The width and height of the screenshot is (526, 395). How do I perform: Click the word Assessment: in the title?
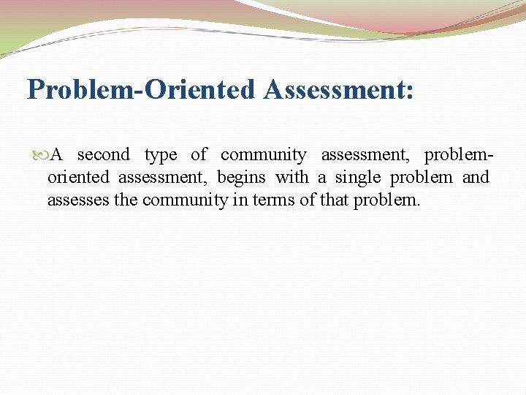click(339, 90)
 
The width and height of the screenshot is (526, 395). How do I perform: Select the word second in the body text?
click(103, 154)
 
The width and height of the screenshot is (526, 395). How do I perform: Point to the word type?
click(161, 155)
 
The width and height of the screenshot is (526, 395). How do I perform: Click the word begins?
click(241, 178)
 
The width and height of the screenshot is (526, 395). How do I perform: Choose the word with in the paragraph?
click(292, 177)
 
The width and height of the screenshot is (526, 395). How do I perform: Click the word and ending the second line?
click(476, 177)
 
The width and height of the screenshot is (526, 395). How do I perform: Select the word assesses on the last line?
click(78, 200)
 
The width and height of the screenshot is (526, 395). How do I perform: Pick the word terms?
click(274, 200)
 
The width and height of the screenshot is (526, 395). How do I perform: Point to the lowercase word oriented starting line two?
click(77, 177)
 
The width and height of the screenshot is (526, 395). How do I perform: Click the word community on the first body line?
click(263, 155)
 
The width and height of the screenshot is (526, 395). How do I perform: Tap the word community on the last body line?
click(185, 200)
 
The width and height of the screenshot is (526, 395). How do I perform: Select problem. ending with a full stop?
click(387, 200)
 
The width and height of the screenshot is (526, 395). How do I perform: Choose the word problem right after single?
click(422, 178)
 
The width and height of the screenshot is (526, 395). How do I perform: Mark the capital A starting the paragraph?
click(58, 154)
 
